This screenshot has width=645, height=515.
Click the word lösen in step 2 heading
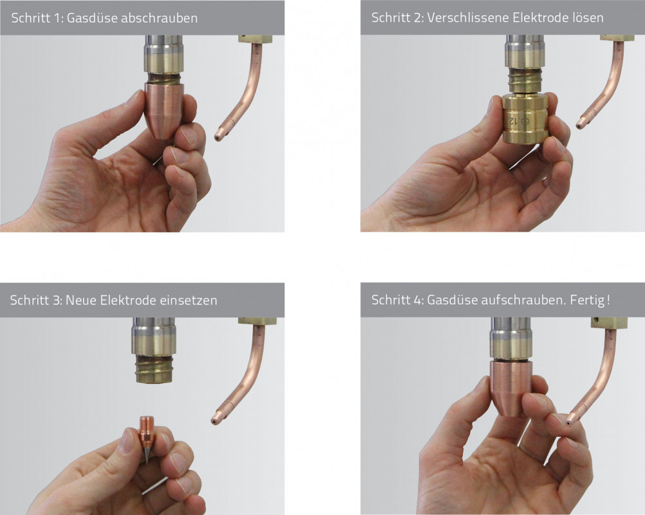coord(588,17)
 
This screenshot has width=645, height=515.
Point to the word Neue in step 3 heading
coord(80,300)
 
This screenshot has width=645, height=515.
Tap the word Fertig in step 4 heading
coord(588,300)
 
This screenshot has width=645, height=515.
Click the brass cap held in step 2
coord(525,118)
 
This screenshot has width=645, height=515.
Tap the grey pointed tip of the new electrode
coord(147,456)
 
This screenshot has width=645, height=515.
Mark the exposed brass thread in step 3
coord(154,369)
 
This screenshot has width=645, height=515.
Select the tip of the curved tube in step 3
coord(214,421)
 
